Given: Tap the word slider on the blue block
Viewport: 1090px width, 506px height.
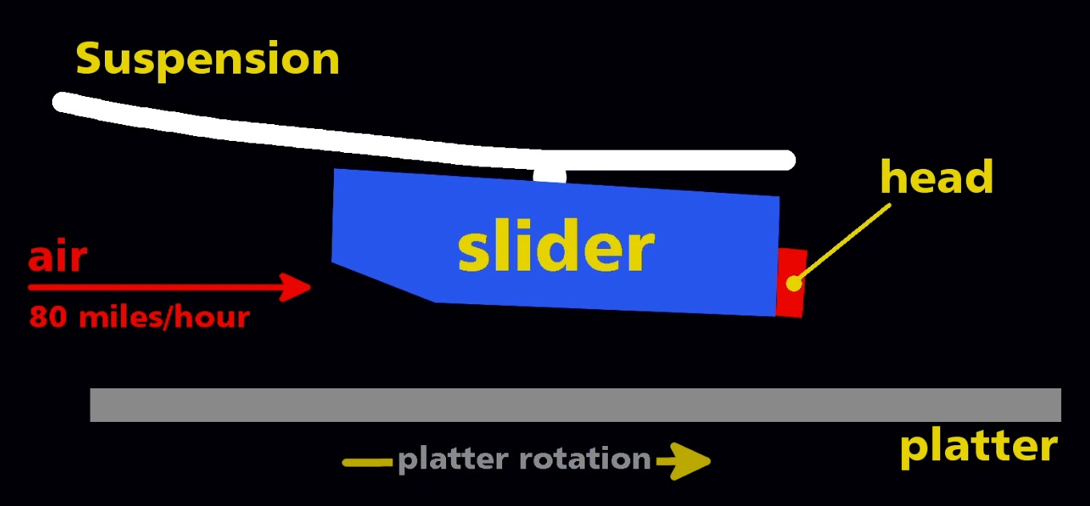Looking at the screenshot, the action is coord(556,245).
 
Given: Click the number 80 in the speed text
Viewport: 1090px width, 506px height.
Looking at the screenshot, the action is coord(48,317).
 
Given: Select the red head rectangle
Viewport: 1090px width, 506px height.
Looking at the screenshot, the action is coord(791,283).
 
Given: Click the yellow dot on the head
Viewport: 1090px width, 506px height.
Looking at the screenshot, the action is coord(794,283).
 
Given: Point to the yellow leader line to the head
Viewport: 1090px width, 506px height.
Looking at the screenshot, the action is coord(843,243).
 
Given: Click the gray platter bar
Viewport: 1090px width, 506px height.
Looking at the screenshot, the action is coord(576,405).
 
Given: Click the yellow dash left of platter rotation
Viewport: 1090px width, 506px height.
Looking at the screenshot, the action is coord(368,462).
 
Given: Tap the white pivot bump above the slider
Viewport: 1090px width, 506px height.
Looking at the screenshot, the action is coord(550,175).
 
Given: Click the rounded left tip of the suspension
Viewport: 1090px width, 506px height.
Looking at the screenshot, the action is coord(61,102).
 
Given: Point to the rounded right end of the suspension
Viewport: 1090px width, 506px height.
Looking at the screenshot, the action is coord(786,161).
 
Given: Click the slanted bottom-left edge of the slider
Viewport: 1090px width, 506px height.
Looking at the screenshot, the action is coord(384,282).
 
